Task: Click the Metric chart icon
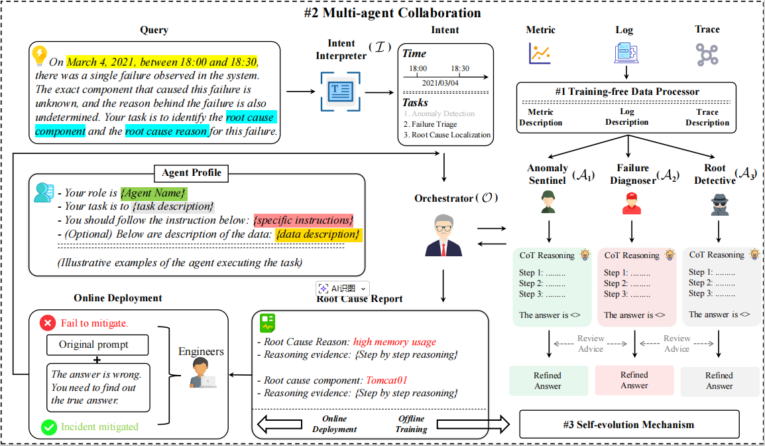pos(540,53)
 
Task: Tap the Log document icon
pos(624,53)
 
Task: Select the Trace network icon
pos(707,54)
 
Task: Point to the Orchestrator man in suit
pos(443,236)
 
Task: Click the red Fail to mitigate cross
pos(48,323)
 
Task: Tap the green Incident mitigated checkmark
pos(48,427)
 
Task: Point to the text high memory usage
pos(394,342)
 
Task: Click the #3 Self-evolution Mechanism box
pos(629,425)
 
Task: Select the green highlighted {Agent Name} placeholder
pos(154,193)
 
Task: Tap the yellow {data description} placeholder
pos(318,234)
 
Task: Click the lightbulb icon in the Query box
pos(40,54)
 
